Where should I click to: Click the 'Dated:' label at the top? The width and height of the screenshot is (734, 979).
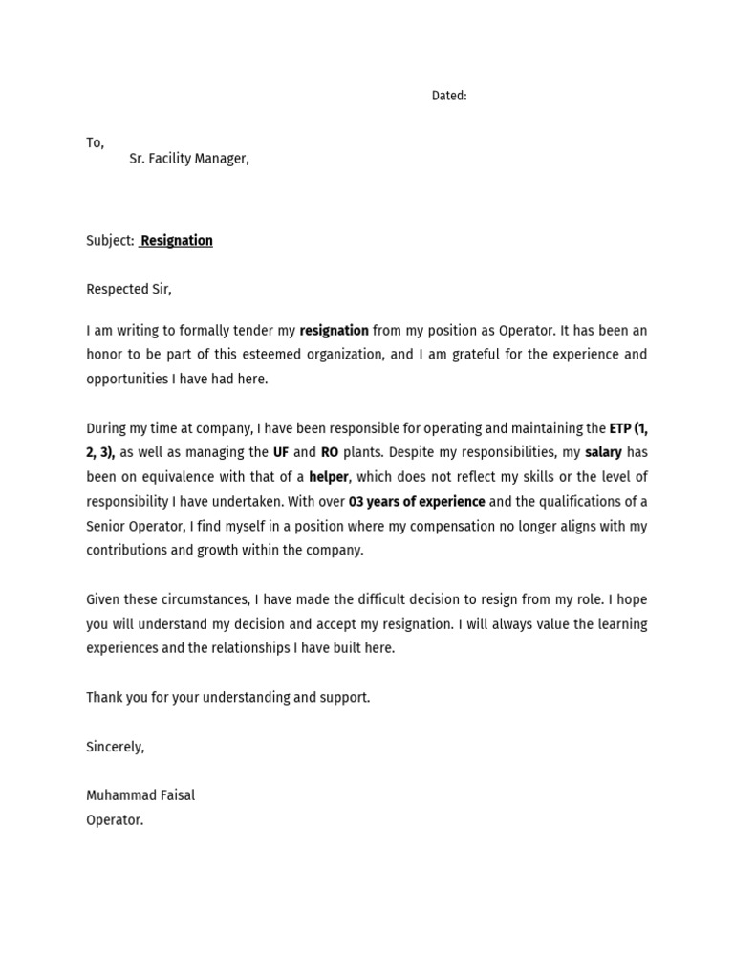448,96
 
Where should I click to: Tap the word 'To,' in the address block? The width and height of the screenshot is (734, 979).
95,142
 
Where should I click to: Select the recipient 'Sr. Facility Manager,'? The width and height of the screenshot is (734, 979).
189,159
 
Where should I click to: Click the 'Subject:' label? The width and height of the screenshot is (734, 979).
110,241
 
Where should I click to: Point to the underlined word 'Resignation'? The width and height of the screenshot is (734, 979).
177,241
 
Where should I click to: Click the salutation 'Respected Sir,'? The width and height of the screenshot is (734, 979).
129,289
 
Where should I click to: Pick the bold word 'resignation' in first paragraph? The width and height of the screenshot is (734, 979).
334,331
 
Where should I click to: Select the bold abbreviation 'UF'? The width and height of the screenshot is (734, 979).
281,452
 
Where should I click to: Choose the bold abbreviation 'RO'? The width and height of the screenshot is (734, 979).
330,452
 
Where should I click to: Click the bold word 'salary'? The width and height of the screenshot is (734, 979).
603,452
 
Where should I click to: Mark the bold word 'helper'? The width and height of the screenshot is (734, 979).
329,477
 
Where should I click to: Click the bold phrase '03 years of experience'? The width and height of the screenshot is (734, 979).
417,502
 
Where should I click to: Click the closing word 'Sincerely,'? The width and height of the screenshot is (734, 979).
115,747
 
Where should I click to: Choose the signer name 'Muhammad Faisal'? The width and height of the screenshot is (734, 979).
140,795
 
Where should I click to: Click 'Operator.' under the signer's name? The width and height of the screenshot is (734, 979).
115,820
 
